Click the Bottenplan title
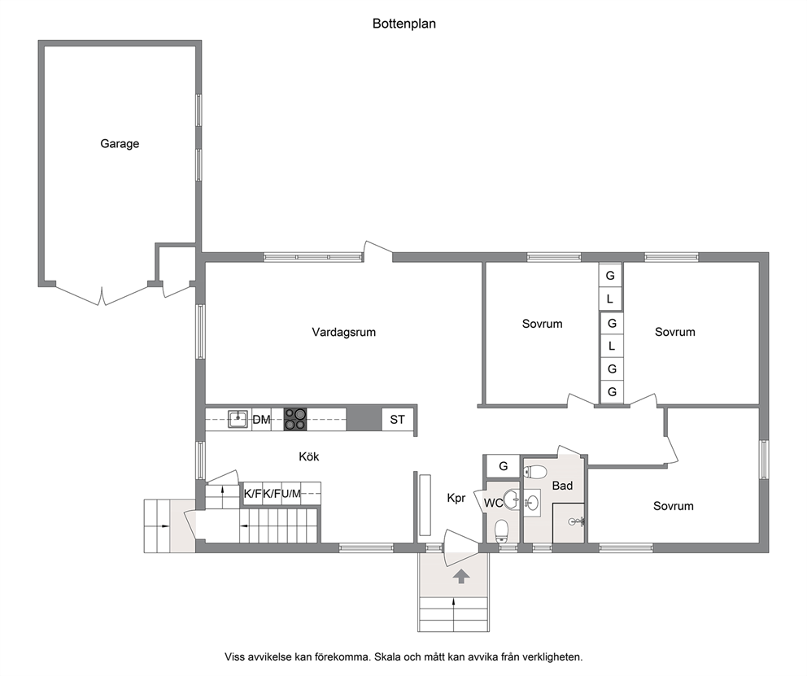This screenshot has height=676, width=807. pos(404,24)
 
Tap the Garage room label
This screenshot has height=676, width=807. pos(120,143)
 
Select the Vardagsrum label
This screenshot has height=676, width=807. pos(344,333)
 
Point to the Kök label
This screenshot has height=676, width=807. pos(309,456)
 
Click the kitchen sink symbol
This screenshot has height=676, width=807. pos(238,419)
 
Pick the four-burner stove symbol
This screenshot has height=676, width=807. pos(295,419)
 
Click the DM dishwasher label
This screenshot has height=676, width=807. pos(261,420)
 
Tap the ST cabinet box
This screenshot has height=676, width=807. pos(397,419)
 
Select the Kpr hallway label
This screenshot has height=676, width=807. pos(456,498)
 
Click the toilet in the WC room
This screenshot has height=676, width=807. pos(501,531)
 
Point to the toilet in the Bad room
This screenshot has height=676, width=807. pos(535,472)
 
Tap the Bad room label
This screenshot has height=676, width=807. pos(562,486)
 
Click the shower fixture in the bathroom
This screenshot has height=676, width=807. pos(577,522)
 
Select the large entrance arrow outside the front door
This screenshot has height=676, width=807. pos(460,577)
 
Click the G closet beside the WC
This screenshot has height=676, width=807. pos(504,466)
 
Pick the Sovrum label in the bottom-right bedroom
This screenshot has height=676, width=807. pos(674,506)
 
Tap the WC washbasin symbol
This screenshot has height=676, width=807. pos(511,499)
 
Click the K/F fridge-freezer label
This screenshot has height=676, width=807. pos(253,494)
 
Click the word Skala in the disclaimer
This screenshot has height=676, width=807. pos(387,657)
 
